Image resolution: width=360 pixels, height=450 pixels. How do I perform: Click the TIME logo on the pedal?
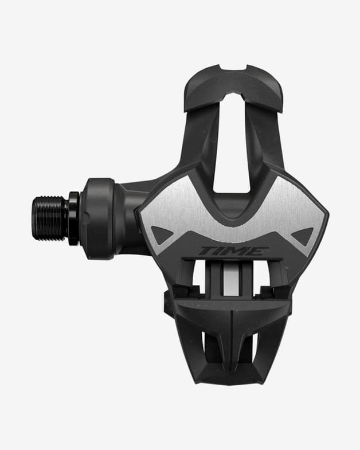click(234, 251)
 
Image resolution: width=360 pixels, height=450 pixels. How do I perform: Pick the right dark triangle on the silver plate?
click(303, 236)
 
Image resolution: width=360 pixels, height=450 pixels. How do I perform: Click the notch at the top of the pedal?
click(233, 68)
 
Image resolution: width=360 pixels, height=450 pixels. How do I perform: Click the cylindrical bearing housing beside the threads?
click(97, 218)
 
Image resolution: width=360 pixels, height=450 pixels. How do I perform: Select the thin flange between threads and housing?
click(73, 218)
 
